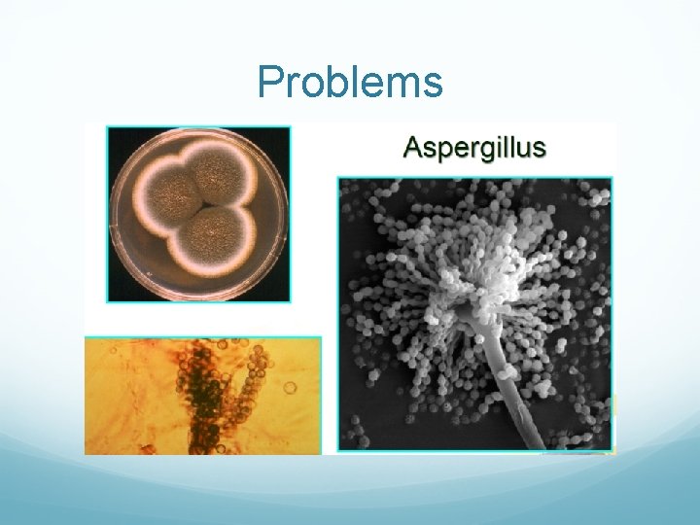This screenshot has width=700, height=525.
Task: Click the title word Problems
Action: (350, 83)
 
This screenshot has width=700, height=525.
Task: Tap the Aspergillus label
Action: (474, 149)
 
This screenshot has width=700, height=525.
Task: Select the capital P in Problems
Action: (269, 83)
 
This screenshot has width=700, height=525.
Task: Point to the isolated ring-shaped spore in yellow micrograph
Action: (291, 388)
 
